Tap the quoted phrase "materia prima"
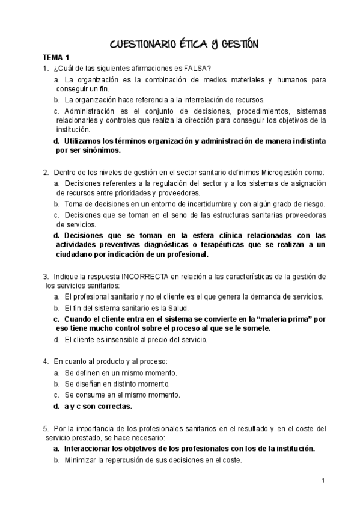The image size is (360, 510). point(286,318)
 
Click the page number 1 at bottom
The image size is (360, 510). point(323,480)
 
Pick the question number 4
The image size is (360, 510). point(46,361)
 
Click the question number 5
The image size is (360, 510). point(46,428)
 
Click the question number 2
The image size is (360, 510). point(46,172)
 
